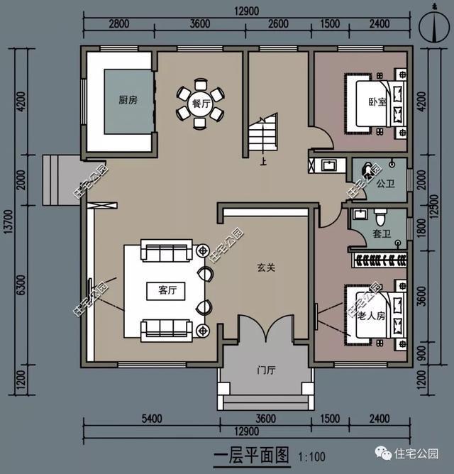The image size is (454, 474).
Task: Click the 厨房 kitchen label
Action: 128,100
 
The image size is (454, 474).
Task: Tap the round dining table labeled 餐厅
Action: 201,104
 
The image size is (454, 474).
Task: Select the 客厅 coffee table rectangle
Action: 166,291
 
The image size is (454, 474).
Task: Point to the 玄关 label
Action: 266,268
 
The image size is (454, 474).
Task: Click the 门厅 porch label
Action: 266,370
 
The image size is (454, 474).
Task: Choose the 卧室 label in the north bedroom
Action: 377,101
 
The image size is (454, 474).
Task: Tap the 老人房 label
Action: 371,316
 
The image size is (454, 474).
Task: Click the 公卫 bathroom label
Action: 385,183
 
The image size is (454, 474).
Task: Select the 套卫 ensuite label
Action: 382,233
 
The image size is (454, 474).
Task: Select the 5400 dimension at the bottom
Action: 152,419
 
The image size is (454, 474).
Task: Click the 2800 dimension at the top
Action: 118,23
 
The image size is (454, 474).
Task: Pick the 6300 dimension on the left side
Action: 22,285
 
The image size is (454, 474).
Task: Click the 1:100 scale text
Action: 311,456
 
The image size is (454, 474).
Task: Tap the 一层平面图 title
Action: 251,455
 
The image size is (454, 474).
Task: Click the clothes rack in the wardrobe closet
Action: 380,260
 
